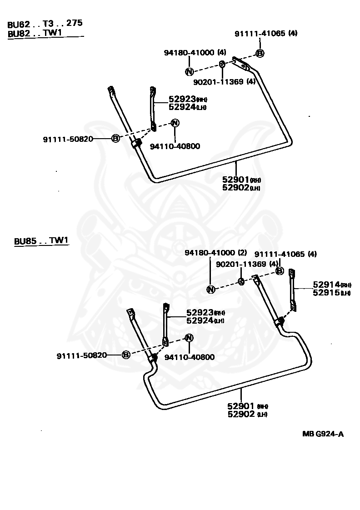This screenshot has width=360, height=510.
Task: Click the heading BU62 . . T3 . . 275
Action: (45, 24)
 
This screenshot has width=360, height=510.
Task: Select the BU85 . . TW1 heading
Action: (41, 241)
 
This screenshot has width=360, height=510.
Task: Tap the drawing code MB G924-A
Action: (323, 434)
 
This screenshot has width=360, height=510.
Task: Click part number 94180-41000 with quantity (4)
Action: (195, 52)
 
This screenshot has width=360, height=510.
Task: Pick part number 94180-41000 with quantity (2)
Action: (216, 252)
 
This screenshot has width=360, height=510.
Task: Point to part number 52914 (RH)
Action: (332, 285)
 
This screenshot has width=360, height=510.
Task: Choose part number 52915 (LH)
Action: (332, 293)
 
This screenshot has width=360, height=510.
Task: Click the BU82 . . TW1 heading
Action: (35, 33)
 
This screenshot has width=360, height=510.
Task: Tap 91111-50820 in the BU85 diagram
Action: (82, 355)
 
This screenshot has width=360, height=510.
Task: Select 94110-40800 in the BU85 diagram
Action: (189, 357)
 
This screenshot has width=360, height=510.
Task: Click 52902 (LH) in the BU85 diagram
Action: (247, 415)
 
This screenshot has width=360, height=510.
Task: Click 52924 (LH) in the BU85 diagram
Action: (205, 321)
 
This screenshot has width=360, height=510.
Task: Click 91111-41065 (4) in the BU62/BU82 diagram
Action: (266, 33)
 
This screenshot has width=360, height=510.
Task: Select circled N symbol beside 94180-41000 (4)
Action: (189, 71)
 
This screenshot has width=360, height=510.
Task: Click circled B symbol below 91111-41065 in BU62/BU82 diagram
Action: (260, 53)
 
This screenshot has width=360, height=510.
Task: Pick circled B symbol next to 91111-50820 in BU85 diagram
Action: (126, 355)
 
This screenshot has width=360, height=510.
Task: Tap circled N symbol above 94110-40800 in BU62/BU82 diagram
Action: (175, 123)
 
